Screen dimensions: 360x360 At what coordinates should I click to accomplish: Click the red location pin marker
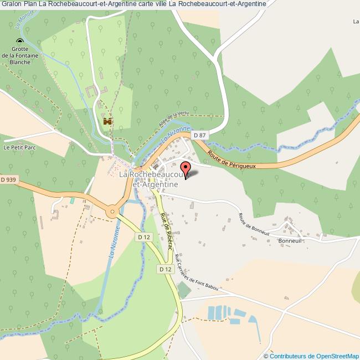click(186, 167)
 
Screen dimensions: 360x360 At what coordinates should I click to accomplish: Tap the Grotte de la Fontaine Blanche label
click(20, 55)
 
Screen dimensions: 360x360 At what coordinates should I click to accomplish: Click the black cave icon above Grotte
click(20, 42)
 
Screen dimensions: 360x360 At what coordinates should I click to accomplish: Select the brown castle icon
click(107, 121)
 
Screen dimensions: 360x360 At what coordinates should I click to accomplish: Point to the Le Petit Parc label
click(19, 148)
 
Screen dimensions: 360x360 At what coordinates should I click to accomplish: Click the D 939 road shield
click(9, 179)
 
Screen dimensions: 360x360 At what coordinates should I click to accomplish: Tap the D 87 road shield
click(199, 135)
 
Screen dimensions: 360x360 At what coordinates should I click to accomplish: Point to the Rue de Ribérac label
click(163, 230)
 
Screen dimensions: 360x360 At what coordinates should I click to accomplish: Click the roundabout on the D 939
click(113, 210)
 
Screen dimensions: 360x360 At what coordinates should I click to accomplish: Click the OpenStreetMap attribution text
click(311, 356)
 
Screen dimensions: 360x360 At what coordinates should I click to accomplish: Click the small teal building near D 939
click(72, 199)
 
